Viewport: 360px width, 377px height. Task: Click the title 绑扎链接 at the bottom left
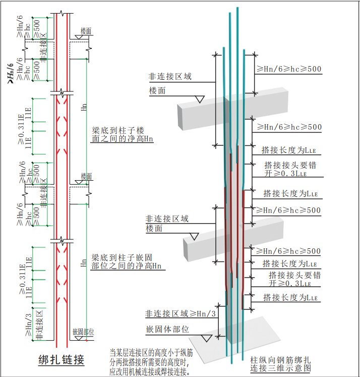click(x=61, y=360)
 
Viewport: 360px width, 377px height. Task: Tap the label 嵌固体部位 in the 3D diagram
click(x=167, y=330)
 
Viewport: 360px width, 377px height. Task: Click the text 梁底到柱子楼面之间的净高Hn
click(x=122, y=134)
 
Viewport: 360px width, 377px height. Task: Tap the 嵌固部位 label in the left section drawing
click(x=83, y=332)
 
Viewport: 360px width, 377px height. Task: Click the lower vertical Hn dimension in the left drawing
click(x=84, y=263)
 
